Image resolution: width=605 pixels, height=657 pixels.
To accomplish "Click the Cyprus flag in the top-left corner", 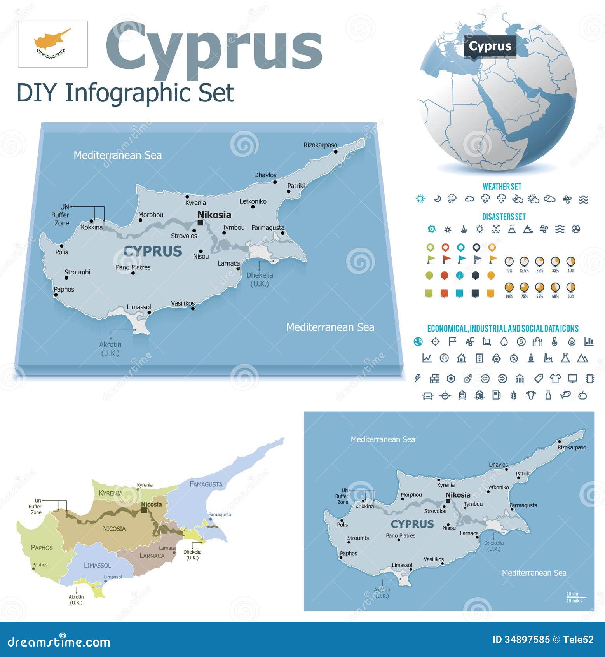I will click(53, 44).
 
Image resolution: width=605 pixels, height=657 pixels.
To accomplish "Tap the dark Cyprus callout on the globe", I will click(490, 46).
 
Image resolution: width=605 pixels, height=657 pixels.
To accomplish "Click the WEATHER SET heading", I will click(502, 187).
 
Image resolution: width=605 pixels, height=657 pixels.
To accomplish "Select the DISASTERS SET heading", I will click(504, 217).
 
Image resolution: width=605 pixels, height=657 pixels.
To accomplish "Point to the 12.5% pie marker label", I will click(524, 271).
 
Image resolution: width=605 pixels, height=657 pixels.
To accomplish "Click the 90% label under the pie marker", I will click(509, 296).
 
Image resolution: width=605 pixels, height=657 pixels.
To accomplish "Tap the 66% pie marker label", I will click(540, 296).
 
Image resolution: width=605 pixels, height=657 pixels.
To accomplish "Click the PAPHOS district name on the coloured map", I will click(42, 547).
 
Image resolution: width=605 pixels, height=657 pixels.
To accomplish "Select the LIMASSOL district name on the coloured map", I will click(97, 565).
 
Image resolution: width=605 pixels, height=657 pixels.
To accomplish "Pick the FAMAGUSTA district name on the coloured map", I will click(206, 484).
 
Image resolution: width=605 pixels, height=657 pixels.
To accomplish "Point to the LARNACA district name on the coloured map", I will click(152, 556).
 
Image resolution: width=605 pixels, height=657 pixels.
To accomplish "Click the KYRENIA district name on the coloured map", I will click(110, 493).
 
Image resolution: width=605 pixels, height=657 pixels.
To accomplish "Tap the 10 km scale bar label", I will click(572, 594).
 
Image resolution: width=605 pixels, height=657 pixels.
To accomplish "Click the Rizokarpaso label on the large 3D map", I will click(320, 145).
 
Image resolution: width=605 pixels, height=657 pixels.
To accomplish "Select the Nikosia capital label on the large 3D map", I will click(214, 215).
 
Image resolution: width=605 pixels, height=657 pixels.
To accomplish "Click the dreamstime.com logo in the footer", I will click(59, 641).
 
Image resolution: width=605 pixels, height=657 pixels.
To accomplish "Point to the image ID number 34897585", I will click(527, 640).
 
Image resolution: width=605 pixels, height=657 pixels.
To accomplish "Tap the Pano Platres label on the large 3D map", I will click(133, 267).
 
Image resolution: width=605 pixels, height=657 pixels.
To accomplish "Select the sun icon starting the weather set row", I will click(420, 199).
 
